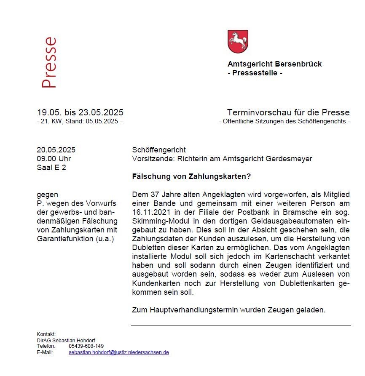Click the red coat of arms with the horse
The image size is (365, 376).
tap(238, 41)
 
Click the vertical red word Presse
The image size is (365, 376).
tap(49, 63)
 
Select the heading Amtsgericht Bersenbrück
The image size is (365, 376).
tap(274, 64)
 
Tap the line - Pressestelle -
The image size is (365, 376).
tap(255, 73)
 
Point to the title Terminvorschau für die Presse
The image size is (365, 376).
tap(288, 112)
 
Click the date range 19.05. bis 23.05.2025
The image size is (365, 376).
tap(80, 112)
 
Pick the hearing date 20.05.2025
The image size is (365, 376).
tap(56, 150)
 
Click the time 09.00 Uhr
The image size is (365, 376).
tap(54, 159)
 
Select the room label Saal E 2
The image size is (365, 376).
tap(51, 168)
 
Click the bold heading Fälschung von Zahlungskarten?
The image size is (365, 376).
tap(191, 177)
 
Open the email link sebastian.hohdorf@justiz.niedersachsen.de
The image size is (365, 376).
tap(118, 352)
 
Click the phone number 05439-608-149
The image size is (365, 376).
tap(86, 346)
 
